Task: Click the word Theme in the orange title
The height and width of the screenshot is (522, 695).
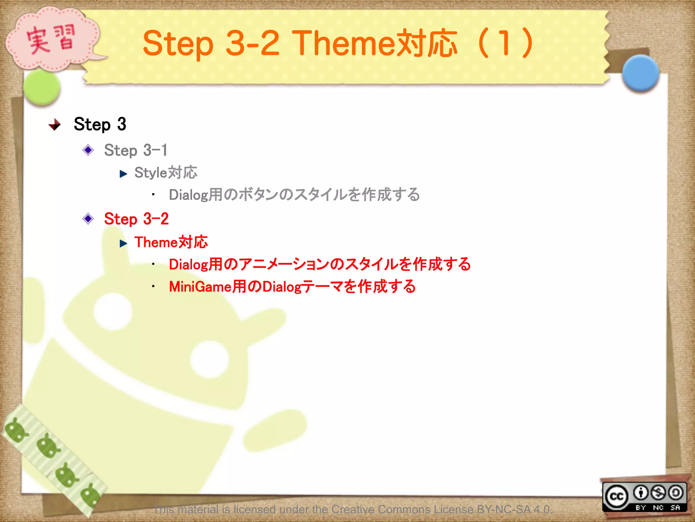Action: tap(343, 43)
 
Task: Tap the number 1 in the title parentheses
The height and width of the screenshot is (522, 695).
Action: tap(505, 43)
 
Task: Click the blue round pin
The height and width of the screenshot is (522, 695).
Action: tap(640, 73)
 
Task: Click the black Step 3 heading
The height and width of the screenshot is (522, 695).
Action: tap(100, 124)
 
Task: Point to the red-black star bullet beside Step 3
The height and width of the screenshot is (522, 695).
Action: tap(54, 125)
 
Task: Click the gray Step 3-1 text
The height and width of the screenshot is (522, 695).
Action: tap(135, 150)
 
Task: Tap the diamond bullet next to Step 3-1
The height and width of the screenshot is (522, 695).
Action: tap(88, 150)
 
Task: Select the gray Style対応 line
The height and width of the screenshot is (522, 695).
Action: tap(166, 173)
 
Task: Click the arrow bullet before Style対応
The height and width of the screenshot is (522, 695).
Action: tap(123, 174)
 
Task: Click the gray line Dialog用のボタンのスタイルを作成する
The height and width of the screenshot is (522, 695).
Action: tap(294, 195)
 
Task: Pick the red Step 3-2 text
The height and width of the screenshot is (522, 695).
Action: tap(136, 219)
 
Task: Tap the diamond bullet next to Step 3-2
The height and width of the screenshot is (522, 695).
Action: tap(88, 219)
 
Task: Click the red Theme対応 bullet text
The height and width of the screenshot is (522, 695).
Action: tap(171, 242)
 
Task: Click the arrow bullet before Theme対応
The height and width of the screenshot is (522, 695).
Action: tap(123, 243)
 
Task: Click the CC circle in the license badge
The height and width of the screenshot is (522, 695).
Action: tap(616, 497)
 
